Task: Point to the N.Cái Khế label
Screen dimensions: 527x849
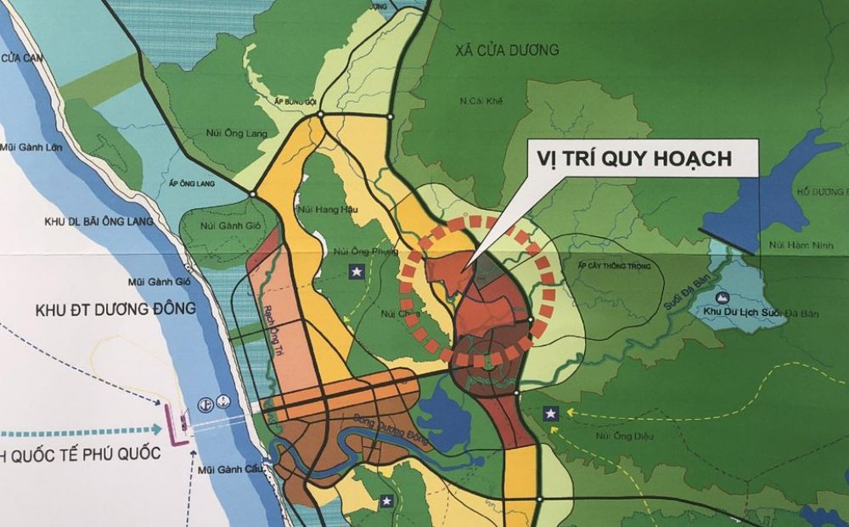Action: click(x=482, y=101)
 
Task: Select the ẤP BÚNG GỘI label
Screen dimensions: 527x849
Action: click(x=294, y=100)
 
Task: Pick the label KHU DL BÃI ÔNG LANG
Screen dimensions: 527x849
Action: click(x=99, y=222)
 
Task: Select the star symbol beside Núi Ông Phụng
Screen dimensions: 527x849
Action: click(x=357, y=271)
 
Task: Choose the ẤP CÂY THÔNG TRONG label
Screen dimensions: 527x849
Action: click(x=614, y=266)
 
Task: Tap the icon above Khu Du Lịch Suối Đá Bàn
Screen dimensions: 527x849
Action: click(x=722, y=297)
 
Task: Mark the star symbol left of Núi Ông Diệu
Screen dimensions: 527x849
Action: click(x=551, y=413)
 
